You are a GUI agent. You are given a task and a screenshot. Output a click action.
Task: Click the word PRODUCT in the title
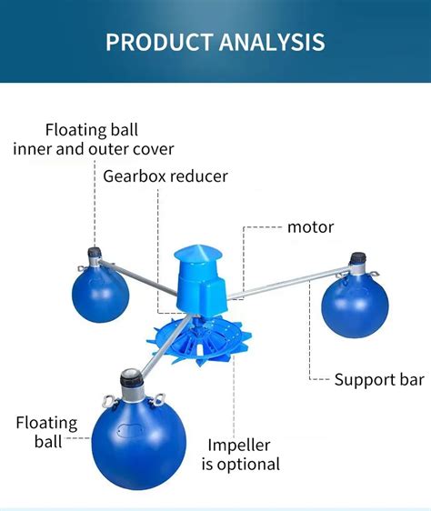click(160, 42)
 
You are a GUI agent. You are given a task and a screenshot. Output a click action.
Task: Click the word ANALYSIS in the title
click(273, 42)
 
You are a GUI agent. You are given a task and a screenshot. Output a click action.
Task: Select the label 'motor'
click(310, 226)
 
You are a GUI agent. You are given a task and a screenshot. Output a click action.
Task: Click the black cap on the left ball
click(92, 251)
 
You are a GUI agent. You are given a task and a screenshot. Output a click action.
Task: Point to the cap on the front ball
click(130, 373)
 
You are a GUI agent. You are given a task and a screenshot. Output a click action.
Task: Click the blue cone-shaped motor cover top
click(195, 250)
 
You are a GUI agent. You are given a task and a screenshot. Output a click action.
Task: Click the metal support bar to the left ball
click(136, 273)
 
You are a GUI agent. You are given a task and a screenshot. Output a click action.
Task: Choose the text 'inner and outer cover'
click(94, 148)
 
